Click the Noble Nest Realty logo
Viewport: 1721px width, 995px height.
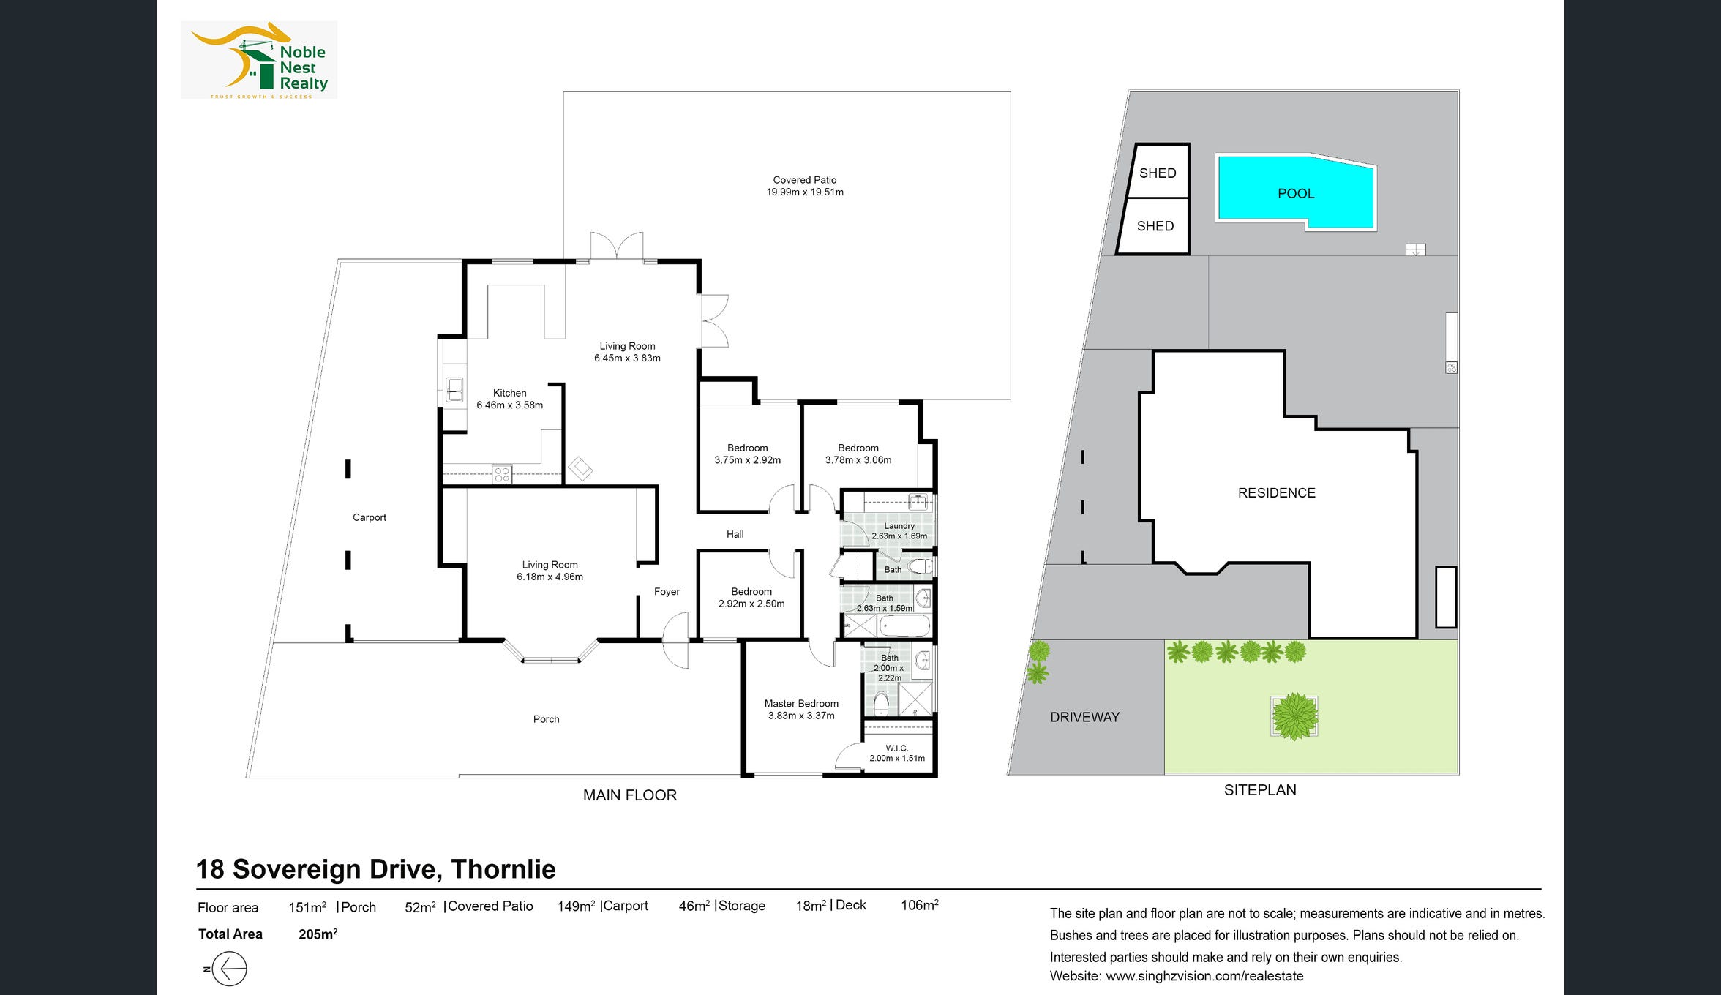tap(259, 60)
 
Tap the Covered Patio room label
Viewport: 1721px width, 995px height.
tap(805, 186)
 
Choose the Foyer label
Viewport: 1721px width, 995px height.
tap(667, 591)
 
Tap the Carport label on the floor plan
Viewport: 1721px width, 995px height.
tap(370, 517)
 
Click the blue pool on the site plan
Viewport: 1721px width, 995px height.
tap(1296, 192)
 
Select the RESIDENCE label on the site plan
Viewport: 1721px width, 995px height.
tap(1277, 493)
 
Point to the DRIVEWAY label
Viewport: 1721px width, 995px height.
tap(1085, 717)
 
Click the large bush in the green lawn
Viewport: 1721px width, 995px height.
tap(1294, 716)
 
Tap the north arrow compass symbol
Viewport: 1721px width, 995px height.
tap(229, 969)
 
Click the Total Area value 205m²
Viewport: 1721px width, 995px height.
tap(318, 934)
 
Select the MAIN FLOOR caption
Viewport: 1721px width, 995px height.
tap(630, 795)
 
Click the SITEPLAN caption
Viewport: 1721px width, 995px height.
tap(1260, 790)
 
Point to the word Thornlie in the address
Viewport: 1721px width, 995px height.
tap(503, 869)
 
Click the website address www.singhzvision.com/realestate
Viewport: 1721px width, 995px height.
tap(1204, 976)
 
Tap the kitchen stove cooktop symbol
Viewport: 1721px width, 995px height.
tap(502, 474)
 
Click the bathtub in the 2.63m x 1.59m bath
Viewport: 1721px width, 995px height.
tap(904, 626)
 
